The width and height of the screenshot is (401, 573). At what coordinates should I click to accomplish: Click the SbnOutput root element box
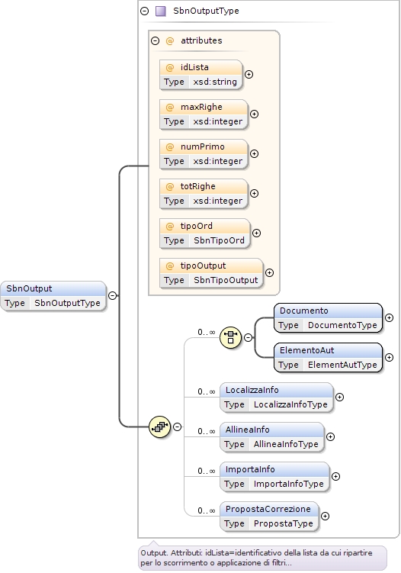point(53,296)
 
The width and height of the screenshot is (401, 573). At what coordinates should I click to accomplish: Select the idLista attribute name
point(194,67)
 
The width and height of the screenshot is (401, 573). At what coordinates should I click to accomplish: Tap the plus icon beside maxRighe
point(254,114)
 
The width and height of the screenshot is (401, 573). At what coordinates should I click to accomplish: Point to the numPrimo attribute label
point(202,146)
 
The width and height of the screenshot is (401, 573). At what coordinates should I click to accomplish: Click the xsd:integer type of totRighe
point(218,201)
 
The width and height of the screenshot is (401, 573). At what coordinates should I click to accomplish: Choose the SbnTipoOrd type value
point(219,240)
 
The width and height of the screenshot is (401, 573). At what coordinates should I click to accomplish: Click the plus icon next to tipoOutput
point(270,272)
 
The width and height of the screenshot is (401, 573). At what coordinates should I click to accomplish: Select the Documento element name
point(304,311)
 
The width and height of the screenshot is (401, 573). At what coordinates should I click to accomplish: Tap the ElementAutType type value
point(342,365)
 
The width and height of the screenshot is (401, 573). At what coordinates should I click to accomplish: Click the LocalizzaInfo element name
point(252,390)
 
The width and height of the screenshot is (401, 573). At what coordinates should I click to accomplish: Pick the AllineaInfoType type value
point(286,444)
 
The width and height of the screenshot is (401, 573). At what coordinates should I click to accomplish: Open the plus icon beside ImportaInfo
point(335,477)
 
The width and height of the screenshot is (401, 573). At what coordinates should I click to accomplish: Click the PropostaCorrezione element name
point(268,509)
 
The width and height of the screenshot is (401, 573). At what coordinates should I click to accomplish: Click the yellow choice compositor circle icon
point(230,338)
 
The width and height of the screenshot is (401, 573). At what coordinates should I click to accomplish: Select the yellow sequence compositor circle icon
point(160,427)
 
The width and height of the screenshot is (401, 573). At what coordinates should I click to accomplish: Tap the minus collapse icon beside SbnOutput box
point(113,295)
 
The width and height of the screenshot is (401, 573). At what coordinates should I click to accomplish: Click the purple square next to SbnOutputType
point(161,11)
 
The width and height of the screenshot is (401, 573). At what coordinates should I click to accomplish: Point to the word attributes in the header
point(201,40)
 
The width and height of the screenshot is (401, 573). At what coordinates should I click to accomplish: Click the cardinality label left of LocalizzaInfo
point(207,391)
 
